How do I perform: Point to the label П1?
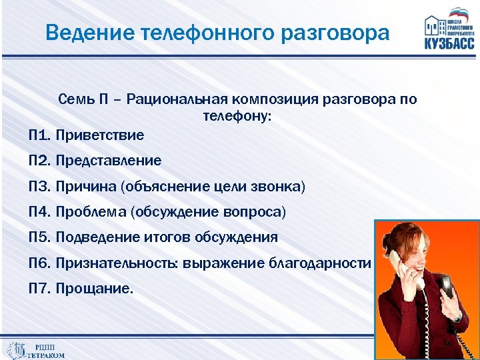click(x=40, y=135)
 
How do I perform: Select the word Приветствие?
click(x=100, y=135)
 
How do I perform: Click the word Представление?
click(x=109, y=161)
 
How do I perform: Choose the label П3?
click(x=40, y=187)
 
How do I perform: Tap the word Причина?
click(x=86, y=187)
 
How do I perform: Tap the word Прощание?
click(x=95, y=289)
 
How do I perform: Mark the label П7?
click(x=40, y=289)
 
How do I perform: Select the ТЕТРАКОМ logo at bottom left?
click(x=37, y=350)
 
